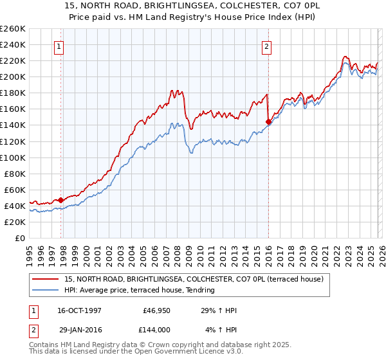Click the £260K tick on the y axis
pyautogui.click(x=12, y=29)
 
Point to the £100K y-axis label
pyautogui.click(x=12, y=157)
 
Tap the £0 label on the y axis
pyautogui.click(x=20, y=239)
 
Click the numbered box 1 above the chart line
pyautogui.click(x=59, y=46)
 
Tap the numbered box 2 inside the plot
pyautogui.click(x=266, y=46)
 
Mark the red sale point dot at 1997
pyautogui.click(x=61, y=200)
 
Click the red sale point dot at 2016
pyautogui.click(x=268, y=122)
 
